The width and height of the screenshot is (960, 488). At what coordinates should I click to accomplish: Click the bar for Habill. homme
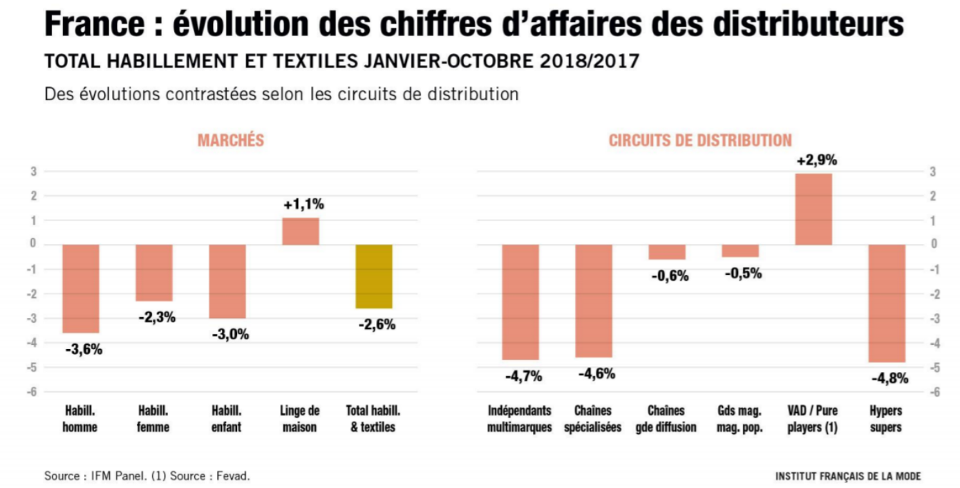pyautogui.click(x=81, y=288)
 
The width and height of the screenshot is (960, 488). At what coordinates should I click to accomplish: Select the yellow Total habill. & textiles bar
pyautogui.click(x=374, y=276)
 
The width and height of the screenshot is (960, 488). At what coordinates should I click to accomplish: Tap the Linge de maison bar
pyautogui.click(x=301, y=232)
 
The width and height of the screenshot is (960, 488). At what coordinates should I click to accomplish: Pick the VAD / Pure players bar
pyautogui.click(x=813, y=209)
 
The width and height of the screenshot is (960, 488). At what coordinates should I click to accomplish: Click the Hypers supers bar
pyautogui.click(x=887, y=303)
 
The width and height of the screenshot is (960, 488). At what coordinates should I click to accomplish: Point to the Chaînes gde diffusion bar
pyautogui.click(x=667, y=252)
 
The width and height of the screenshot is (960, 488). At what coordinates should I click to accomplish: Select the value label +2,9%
pyautogui.click(x=816, y=160)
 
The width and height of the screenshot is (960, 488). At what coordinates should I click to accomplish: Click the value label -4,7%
pyautogui.click(x=523, y=377)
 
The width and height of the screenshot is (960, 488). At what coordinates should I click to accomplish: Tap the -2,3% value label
pyautogui.click(x=156, y=317)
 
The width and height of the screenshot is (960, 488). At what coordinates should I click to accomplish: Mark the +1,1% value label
pyautogui.click(x=303, y=205)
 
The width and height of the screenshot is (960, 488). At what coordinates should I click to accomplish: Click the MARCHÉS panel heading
pyautogui.click(x=231, y=140)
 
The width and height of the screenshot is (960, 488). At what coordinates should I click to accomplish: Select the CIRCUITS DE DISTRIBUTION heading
pyautogui.click(x=700, y=140)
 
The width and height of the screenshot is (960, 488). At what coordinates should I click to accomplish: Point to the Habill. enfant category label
pyautogui.click(x=227, y=419)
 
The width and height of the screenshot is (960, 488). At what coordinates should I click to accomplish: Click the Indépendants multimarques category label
pyautogui.click(x=520, y=419)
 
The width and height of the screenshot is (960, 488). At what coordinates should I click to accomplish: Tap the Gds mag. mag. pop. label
pyautogui.click(x=740, y=419)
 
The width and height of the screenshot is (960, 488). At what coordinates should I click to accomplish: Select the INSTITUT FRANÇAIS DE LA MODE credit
pyautogui.click(x=848, y=476)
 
